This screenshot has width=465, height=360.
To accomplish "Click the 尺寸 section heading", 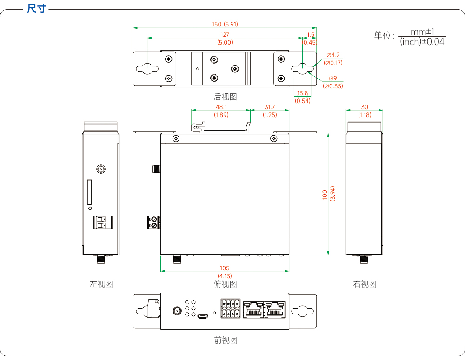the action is pyautogui.click(x=36, y=8).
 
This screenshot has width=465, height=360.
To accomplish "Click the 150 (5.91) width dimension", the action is pyautogui.click(x=225, y=24).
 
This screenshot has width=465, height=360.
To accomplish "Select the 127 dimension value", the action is pyautogui.click(x=225, y=35).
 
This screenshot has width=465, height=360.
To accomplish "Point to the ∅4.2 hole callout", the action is pyautogui.click(x=333, y=55).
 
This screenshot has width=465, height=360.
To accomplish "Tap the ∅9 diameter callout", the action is pyautogui.click(x=333, y=78).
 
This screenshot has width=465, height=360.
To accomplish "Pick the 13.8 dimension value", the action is pyautogui.click(x=303, y=93).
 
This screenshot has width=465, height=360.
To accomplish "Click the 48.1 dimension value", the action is pyautogui.click(x=221, y=107).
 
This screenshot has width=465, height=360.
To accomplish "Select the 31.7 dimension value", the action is pyautogui.click(x=270, y=107).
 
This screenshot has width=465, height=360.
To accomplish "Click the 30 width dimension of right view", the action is pyautogui.click(x=365, y=107).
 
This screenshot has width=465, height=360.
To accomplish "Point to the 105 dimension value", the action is pyautogui.click(x=225, y=268).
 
